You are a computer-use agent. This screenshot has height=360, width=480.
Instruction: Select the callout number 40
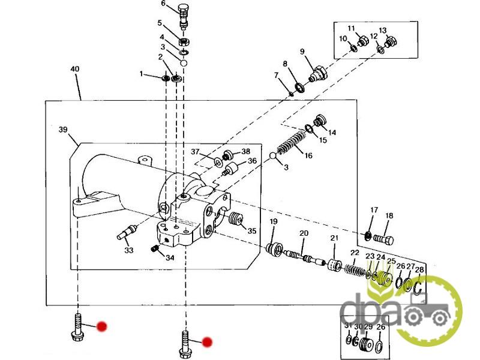pyautogui.click(x=74, y=70)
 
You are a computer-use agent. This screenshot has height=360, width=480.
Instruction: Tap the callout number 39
pyautogui.click(x=62, y=130)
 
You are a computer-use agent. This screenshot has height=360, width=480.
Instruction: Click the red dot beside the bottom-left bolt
pyautogui.click(x=102, y=326)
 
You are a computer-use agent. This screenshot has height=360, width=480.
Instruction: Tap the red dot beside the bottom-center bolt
pyautogui.click(x=207, y=342)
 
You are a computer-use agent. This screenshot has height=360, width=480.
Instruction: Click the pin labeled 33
pyautogui.click(x=131, y=229)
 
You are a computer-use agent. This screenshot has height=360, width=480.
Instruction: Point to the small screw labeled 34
pyautogui.click(x=154, y=248)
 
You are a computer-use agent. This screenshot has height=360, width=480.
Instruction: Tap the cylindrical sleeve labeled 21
pyautogui.click(x=334, y=266)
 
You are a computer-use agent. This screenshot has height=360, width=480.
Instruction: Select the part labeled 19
pyautogui.click(x=275, y=248)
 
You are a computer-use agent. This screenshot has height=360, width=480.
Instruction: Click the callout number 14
pyautogui.click(x=332, y=133)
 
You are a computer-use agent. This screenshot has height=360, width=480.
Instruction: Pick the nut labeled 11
pyautogui.click(x=362, y=41)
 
